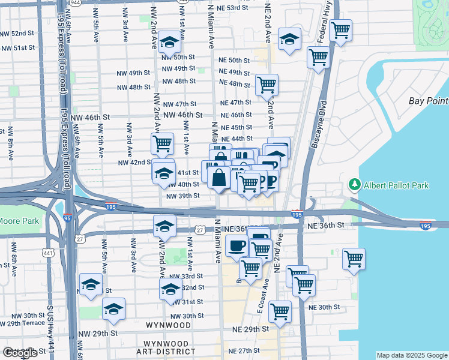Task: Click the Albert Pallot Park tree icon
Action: pyautogui.click(x=355, y=185)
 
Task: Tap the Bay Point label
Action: pyautogui.click(x=429, y=101)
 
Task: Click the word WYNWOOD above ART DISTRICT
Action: pyautogui.click(x=167, y=325)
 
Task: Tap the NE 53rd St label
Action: pyautogui.click(x=232, y=8)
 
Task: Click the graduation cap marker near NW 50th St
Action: pyautogui.click(x=170, y=43)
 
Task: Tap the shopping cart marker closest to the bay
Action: pyautogui.click(x=354, y=259)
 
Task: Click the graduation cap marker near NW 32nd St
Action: pyautogui.click(x=170, y=289)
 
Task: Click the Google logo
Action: pyautogui.click(x=20, y=353)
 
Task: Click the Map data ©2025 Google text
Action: pyautogui.click(x=411, y=355)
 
